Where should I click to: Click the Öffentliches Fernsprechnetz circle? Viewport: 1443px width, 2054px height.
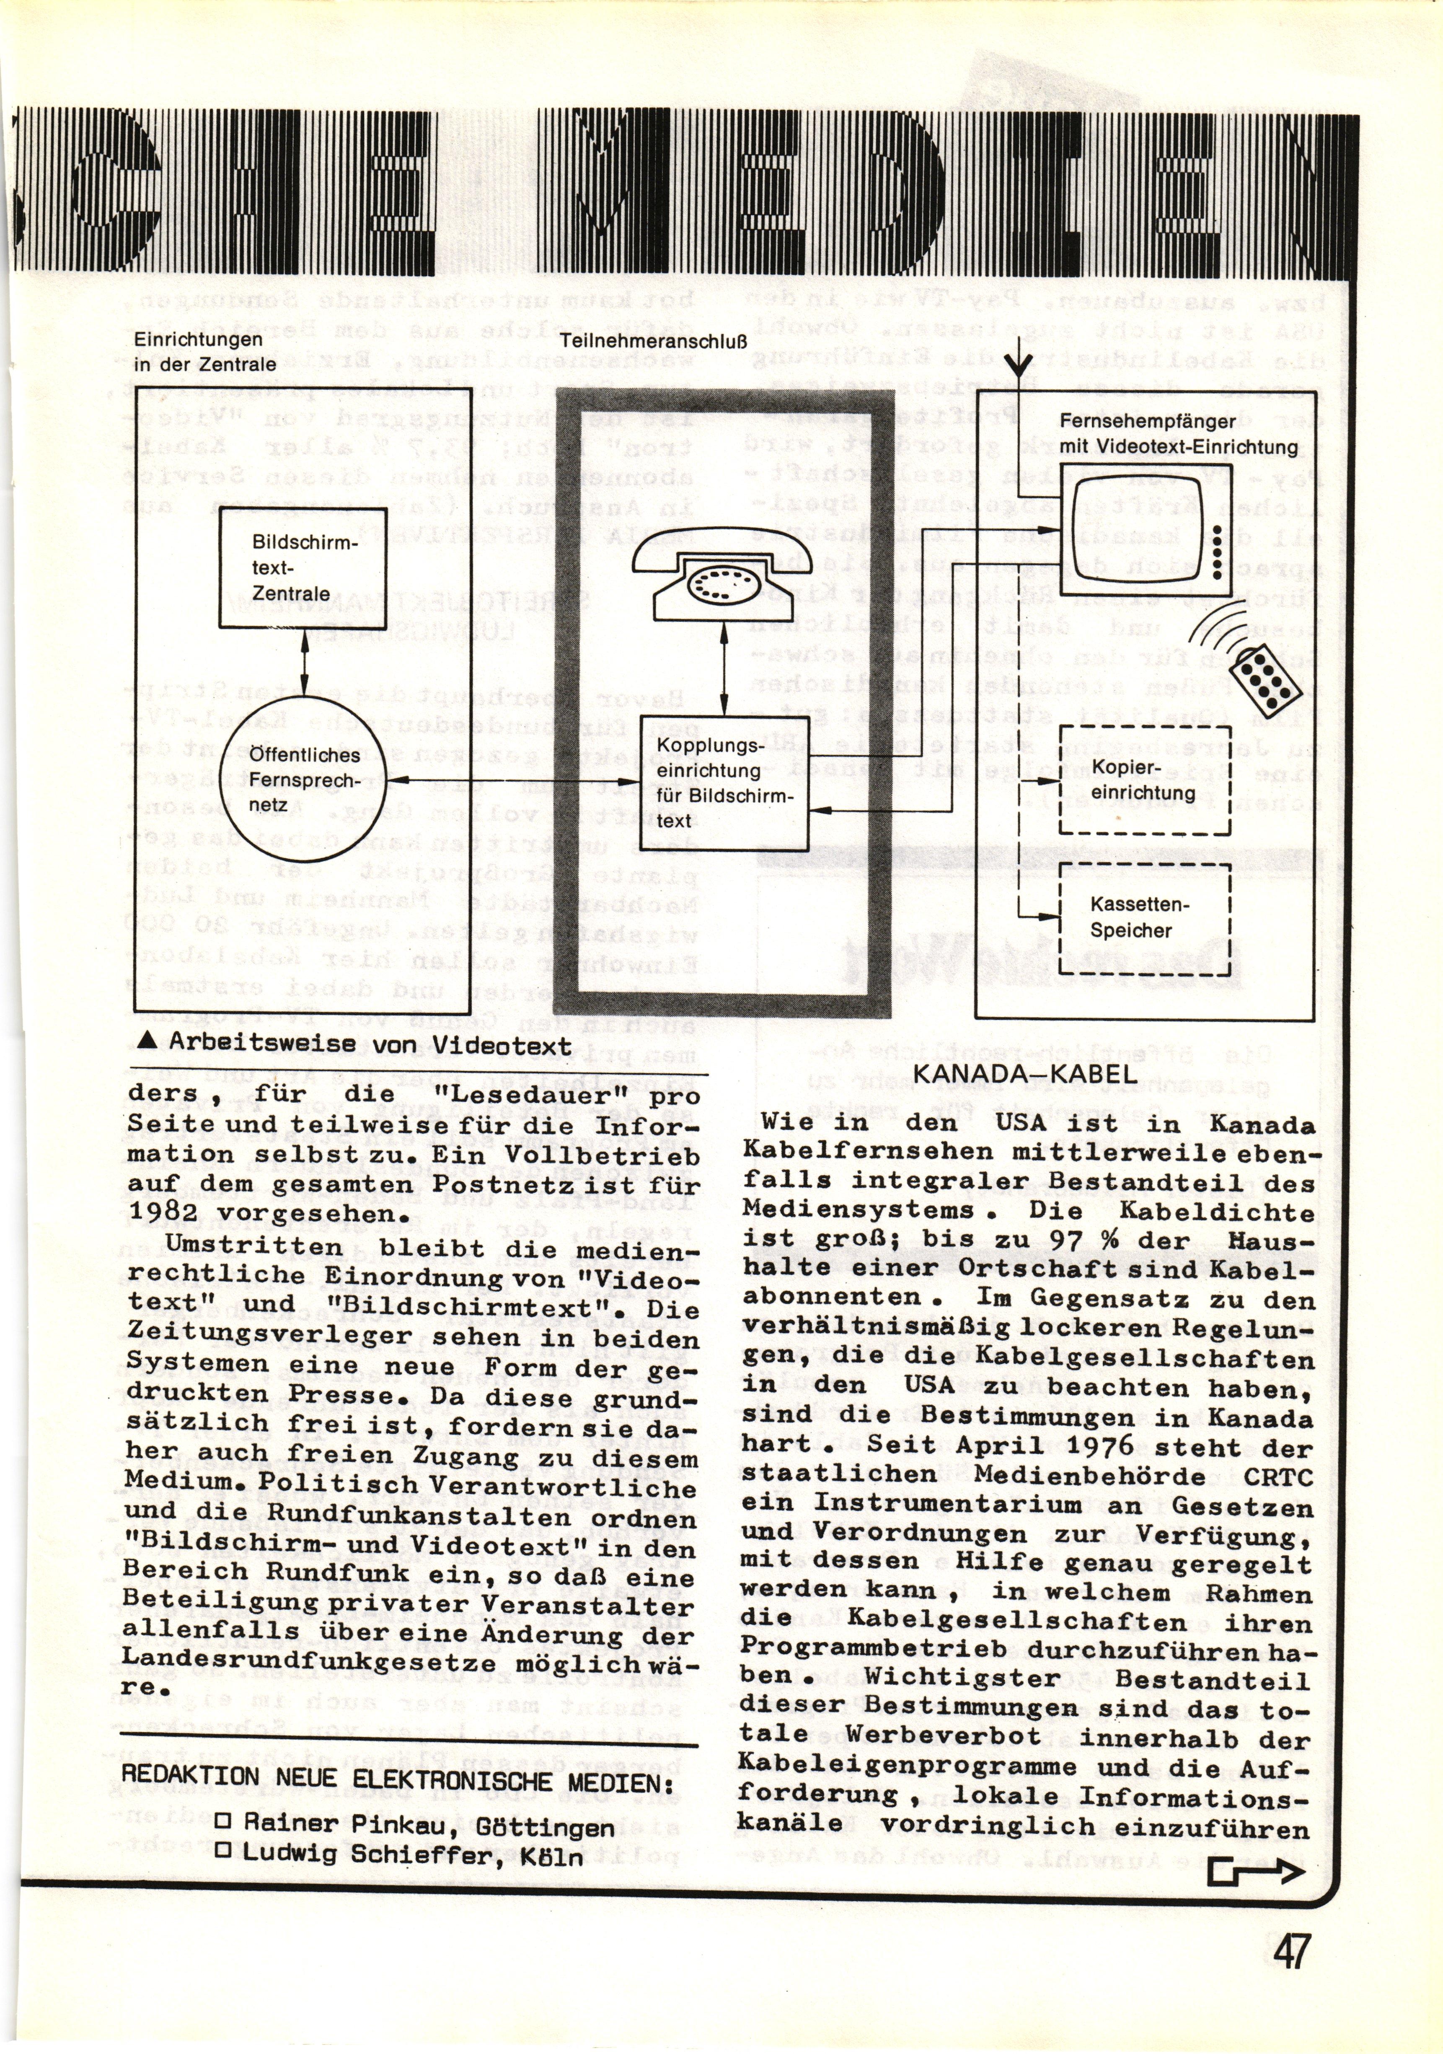click(x=303, y=780)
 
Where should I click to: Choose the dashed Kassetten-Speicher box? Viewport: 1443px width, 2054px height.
click(x=1144, y=918)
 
